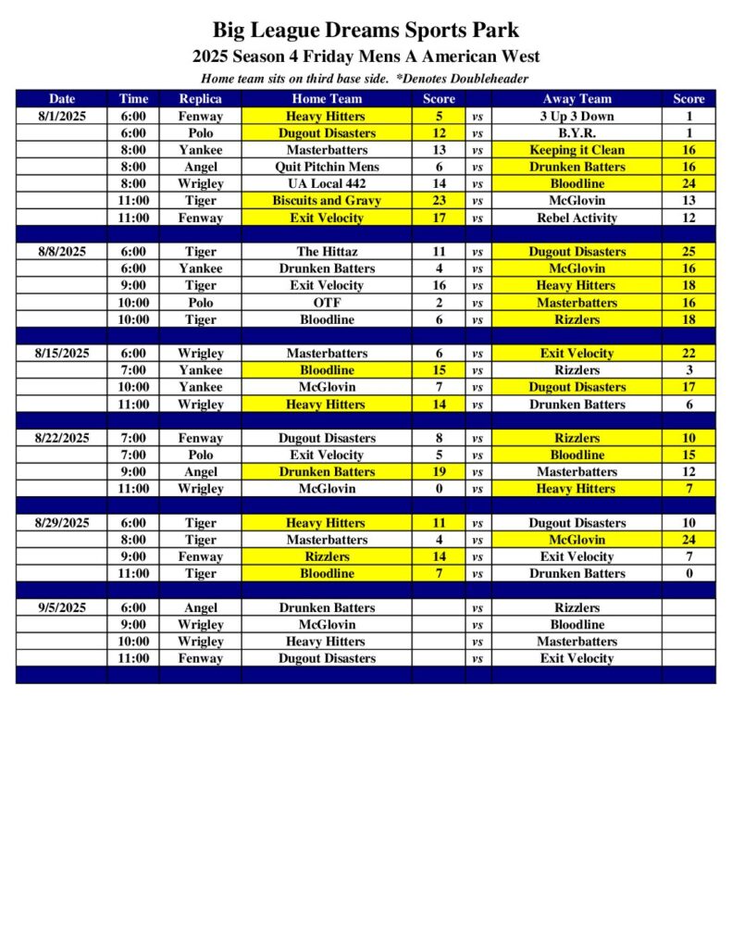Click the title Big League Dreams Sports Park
tap(366, 31)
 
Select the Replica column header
tap(200, 99)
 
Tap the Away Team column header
tap(577, 99)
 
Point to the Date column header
tap(62, 99)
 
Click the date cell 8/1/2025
tap(62, 117)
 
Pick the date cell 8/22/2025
tap(62, 438)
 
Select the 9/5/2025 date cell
tap(62, 608)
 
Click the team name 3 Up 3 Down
tap(577, 117)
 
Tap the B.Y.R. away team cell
tap(577, 133)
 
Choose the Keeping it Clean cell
tap(577, 150)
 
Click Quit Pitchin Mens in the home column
tap(327, 167)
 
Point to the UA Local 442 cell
tap(327, 184)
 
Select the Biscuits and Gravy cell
tap(327, 201)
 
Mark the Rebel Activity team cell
tap(577, 218)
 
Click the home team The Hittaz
tap(327, 252)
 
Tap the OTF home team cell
tap(327, 303)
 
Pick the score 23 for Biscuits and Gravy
tap(439, 201)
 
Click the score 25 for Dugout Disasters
tap(689, 252)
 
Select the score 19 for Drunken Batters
tap(439, 472)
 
